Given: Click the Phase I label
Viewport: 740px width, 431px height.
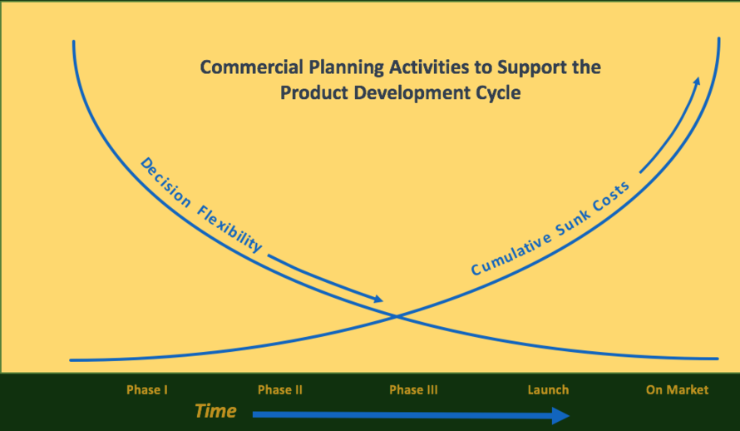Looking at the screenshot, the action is pyautogui.click(x=147, y=390).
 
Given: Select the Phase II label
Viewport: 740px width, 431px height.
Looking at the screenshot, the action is pyautogui.click(x=280, y=390).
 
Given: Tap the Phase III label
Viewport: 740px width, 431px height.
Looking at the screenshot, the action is pyautogui.click(x=413, y=390).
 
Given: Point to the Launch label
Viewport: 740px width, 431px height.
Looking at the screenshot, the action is pyautogui.click(x=548, y=390).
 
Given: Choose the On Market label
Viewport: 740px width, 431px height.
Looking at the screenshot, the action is pyautogui.click(x=678, y=390).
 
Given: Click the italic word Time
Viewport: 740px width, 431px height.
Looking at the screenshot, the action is pyautogui.click(x=215, y=411).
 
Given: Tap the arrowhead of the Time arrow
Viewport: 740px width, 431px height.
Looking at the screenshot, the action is pyautogui.click(x=560, y=415).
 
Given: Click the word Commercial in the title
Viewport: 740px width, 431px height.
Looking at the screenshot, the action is pyautogui.click(x=252, y=67).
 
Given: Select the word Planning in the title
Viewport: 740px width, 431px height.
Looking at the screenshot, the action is pyautogui.click(x=346, y=68).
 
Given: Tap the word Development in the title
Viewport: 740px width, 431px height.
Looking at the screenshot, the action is pyautogui.click(x=412, y=93).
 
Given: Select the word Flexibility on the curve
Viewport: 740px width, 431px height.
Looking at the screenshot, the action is pyautogui.click(x=229, y=230).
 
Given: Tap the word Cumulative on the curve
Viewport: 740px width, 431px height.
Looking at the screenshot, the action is pyautogui.click(x=511, y=255).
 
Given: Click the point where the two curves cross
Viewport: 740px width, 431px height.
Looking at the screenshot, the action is pyautogui.click(x=397, y=317).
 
